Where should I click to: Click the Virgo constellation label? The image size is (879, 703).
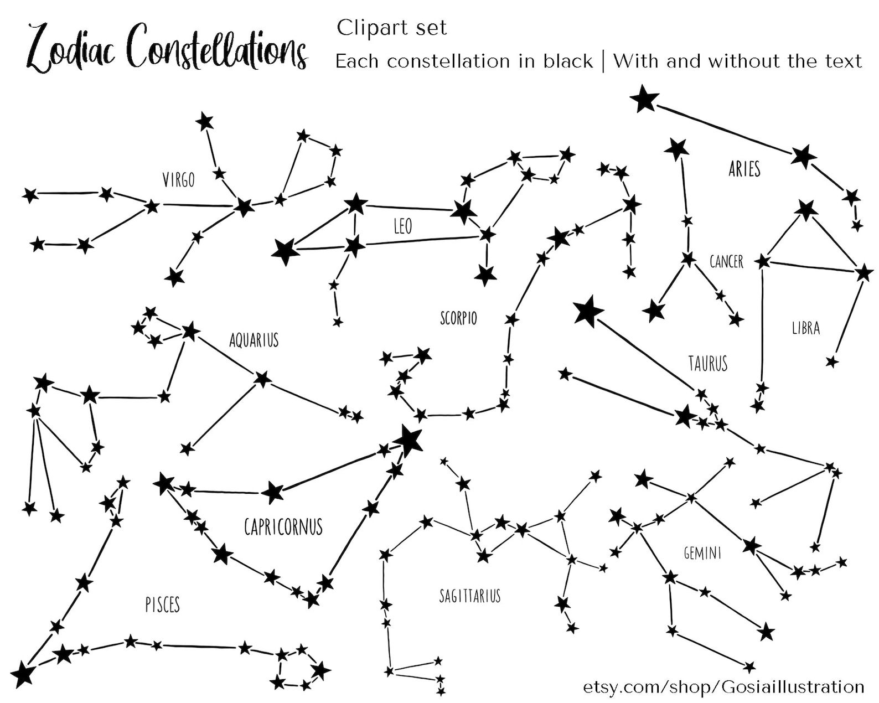tap(178, 180)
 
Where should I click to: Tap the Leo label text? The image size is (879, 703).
tap(402, 226)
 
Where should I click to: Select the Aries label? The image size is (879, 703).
tap(744, 169)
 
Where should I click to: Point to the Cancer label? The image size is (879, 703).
tap(726, 261)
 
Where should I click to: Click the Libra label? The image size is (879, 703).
tap(805, 328)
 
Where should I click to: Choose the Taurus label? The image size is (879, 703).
tap(707, 363)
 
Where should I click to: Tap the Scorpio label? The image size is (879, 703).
tap(458, 318)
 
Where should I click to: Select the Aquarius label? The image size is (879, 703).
tap(254, 340)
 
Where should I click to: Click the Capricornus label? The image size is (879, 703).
tap(283, 526)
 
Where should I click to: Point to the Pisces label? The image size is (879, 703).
tap(163, 604)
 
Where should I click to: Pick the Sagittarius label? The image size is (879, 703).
tap(470, 596)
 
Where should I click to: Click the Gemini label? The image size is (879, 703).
tap(702, 552)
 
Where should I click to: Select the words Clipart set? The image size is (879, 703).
tap(391, 28)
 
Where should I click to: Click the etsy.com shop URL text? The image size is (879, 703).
tap(723, 687)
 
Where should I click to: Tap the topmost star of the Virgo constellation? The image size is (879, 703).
tap(204, 121)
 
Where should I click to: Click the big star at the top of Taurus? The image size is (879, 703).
tap(588, 311)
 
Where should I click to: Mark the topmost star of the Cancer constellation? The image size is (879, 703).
tap(676, 148)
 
